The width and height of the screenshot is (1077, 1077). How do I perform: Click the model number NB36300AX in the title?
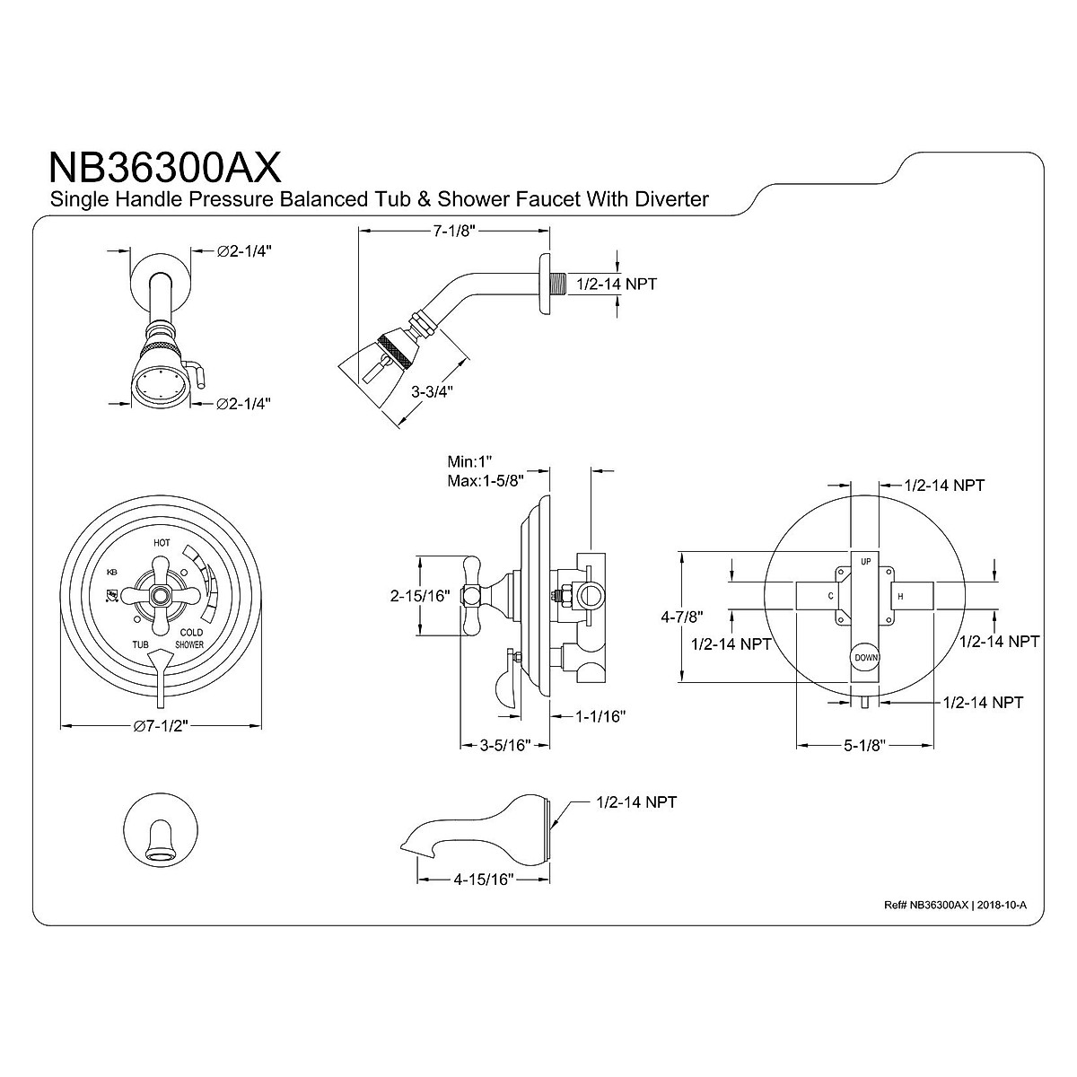coord(164,167)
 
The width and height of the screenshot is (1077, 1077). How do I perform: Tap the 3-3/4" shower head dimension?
coord(433,391)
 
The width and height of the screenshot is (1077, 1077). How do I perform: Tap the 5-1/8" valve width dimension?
coord(861,745)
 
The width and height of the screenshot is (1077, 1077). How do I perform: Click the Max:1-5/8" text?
coord(486,479)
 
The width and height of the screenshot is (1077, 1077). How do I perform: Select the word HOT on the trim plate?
coord(162,543)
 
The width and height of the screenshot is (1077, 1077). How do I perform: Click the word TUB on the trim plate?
coord(141,644)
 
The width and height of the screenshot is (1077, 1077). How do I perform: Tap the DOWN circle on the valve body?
coord(866,657)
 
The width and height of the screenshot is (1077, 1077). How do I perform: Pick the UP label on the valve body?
coord(866,562)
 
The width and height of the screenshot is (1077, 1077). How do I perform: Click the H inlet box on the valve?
coord(900,596)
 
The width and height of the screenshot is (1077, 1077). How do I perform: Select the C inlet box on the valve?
coord(830,596)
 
